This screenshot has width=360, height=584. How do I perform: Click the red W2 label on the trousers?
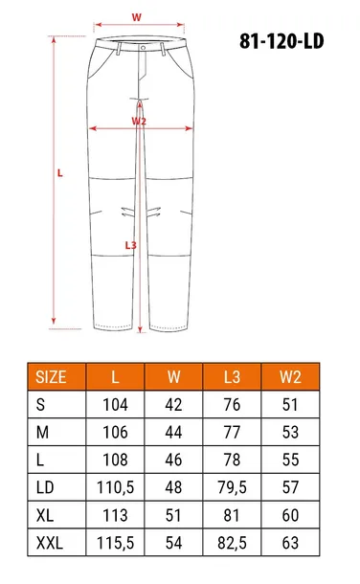pyautogui.click(x=139, y=122)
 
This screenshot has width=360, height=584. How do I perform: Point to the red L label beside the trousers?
pyautogui.click(x=59, y=173)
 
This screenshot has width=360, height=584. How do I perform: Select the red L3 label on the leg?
pyautogui.click(x=131, y=245)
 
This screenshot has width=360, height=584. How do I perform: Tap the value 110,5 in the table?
pyautogui.click(x=115, y=486)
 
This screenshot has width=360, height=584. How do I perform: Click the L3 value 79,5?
pyautogui.click(x=231, y=486)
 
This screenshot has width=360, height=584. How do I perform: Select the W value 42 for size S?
pyautogui.click(x=173, y=405)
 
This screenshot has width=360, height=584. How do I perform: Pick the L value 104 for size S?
pyautogui.click(x=115, y=405)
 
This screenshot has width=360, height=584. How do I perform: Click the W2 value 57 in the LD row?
pyautogui.click(x=290, y=486)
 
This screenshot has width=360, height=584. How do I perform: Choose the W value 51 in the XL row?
pyautogui.click(x=173, y=514)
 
